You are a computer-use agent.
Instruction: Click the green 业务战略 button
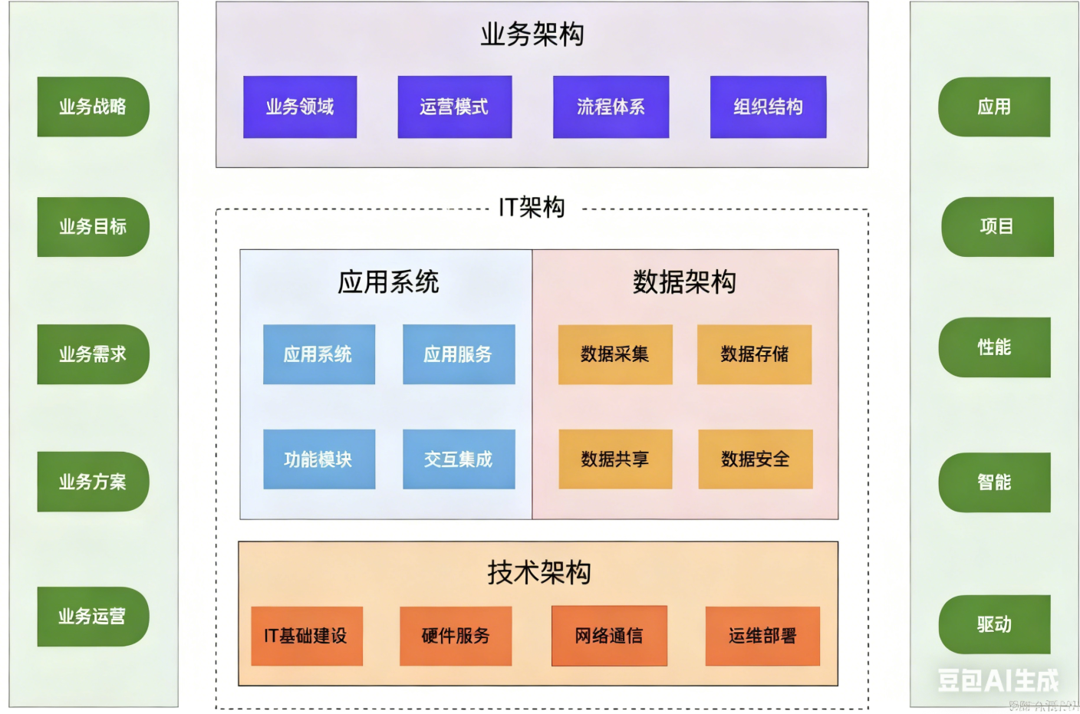coord(93,107)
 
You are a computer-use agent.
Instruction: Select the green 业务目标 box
coord(93,227)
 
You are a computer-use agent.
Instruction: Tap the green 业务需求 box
coord(93,354)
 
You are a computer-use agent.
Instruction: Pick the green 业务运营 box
coord(93,617)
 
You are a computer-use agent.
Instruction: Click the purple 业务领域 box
coord(300,107)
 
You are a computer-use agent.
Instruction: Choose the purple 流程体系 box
coord(611,107)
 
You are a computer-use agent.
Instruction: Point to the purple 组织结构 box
coord(768,107)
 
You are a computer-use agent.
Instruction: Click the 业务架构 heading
coord(532,35)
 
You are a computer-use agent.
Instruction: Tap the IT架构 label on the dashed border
coord(532,207)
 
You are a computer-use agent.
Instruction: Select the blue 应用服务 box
coord(459,354)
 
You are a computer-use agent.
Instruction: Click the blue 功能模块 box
coord(319,459)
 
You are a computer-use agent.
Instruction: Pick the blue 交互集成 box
coord(459,459)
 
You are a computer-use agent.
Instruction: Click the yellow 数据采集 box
coord(615,354)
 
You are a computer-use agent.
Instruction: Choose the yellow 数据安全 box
coord(756,459)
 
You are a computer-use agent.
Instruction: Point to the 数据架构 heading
coord(684,282)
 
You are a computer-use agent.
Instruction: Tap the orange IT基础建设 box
coord(307,636)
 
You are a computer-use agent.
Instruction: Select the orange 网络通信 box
coord(609,636)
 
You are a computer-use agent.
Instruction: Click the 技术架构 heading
coord(538,573)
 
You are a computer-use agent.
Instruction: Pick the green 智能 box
coord(994,482)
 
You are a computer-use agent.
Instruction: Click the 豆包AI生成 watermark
coord(997,679)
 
